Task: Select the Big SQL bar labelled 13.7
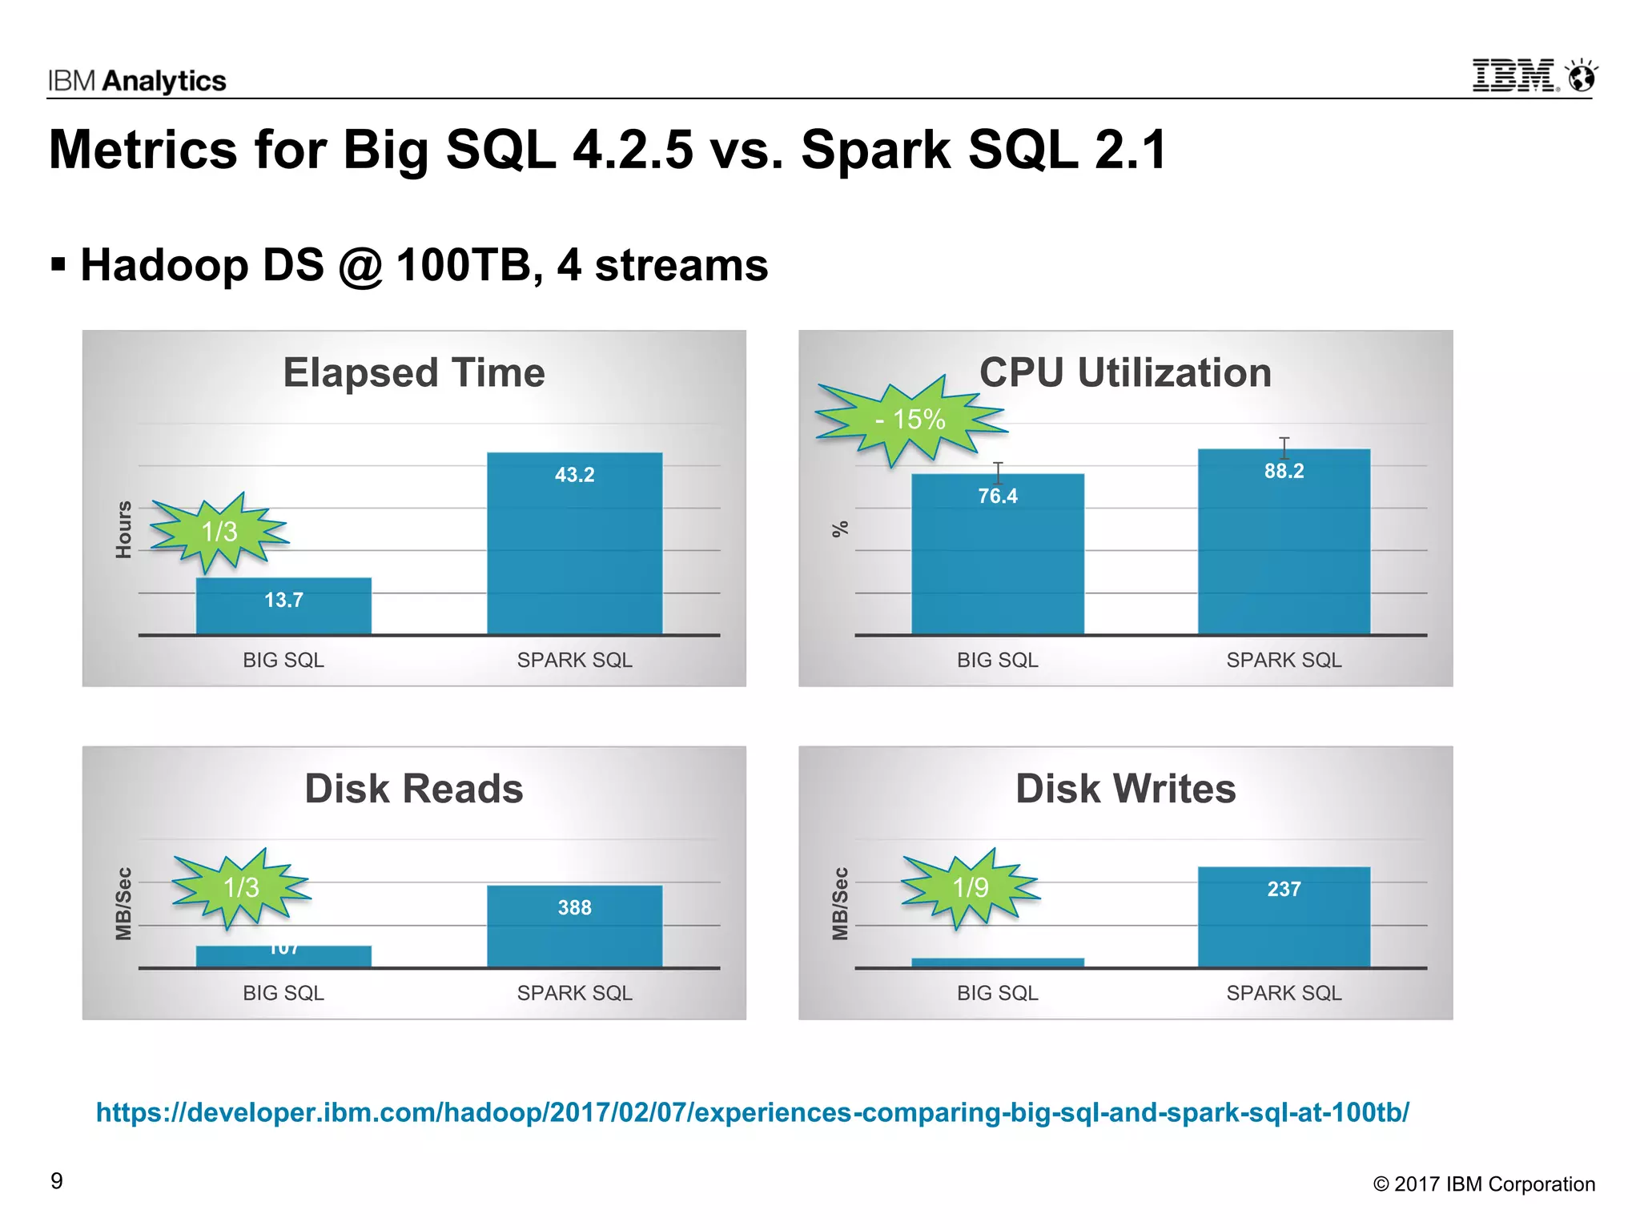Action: click(x=283, y=606)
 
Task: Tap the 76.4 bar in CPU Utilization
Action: click(x=997, y=561)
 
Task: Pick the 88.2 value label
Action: click(x=1284, y=471)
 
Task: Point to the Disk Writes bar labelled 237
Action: click(x=1284, y=921)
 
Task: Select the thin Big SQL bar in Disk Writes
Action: click(x=997, y=963)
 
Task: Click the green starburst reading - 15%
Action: click(x=910, y=419)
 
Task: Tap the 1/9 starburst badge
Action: click(x=971, y=887)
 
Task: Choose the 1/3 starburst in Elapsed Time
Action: click(x=219, y=531)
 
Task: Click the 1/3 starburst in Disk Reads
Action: click(x=241, y=887)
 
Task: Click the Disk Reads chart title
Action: click(x=414, y=789)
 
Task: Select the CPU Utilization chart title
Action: click(x=1125, y=372)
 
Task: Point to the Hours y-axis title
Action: click(x=123, y=529)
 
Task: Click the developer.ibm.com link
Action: click(x=752, y=1112)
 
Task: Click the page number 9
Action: click(x=57, y=1181)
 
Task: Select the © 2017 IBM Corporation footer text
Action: click(x=1484, y=1184)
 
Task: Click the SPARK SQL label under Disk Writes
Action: click(x=1284, y=993)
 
